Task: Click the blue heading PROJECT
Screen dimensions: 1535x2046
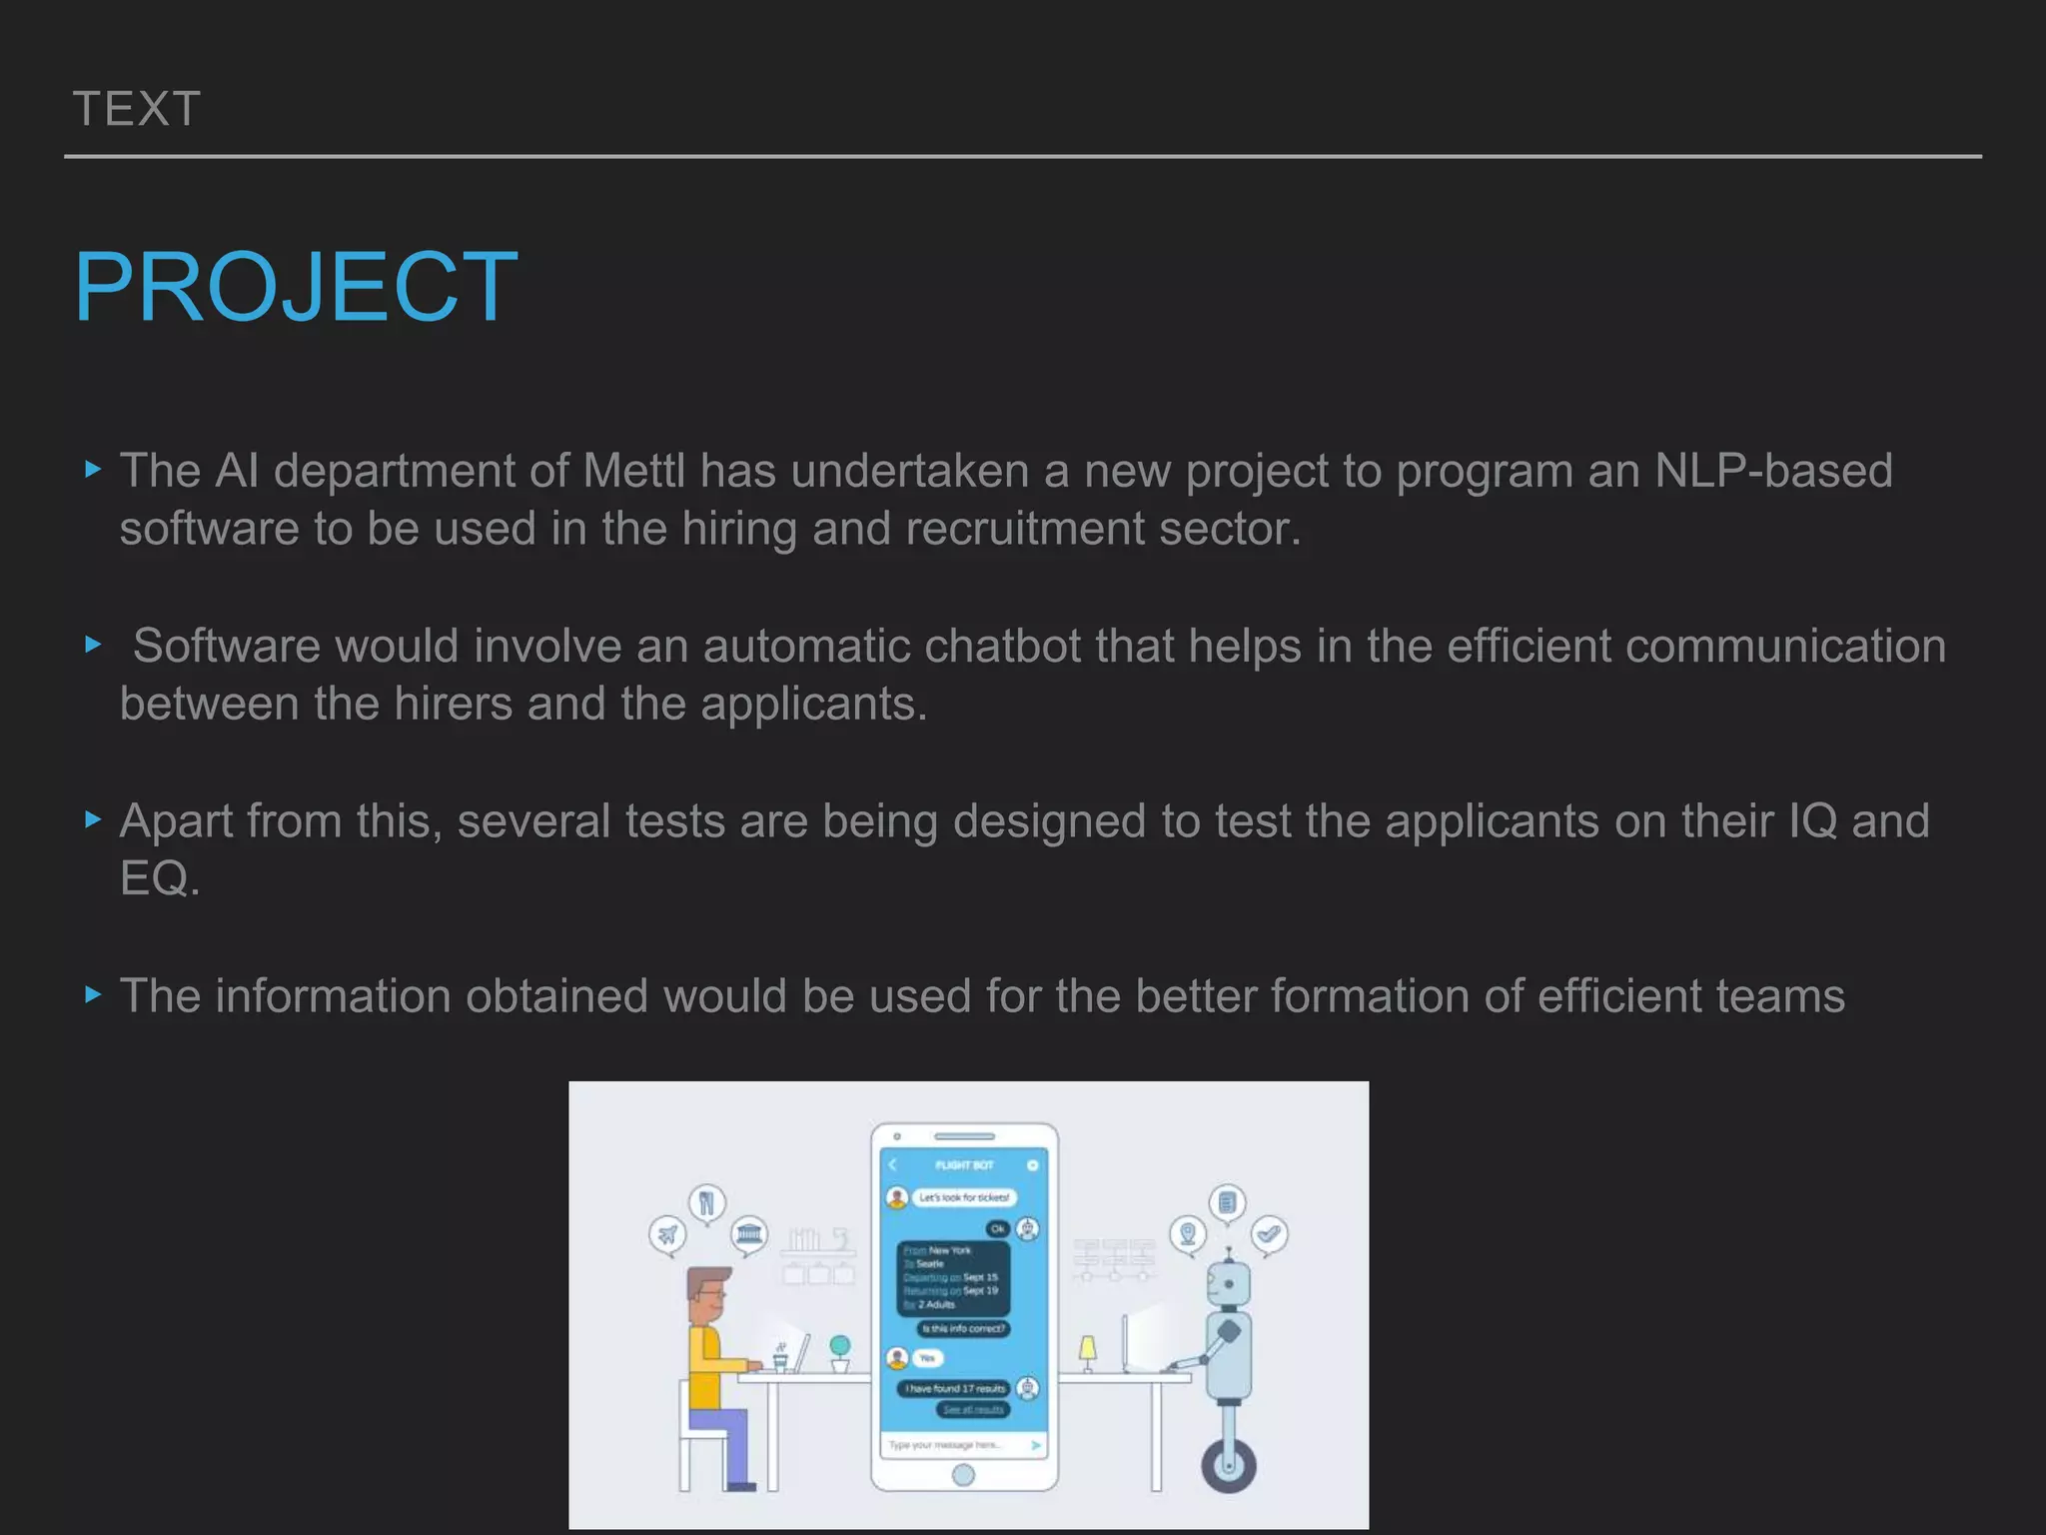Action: coord(296,287)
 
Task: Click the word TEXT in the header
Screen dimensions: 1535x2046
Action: coord(137,109)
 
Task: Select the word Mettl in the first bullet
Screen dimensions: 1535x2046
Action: coord(633,471)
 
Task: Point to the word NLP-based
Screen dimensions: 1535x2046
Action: coord(1773,471)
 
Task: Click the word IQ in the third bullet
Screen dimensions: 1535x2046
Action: coord(1812,820)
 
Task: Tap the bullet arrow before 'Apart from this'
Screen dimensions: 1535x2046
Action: coord(94,819)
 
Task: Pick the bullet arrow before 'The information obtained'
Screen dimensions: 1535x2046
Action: coord(94,994)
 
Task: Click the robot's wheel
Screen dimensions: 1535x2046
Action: coord(1228,1465)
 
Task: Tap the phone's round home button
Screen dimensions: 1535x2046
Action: coord(963,1474)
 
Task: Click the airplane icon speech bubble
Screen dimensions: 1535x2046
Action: coord(667,1235)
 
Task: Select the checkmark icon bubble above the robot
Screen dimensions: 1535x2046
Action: coord(1269,1234)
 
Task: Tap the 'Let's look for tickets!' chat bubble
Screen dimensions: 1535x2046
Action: coord(963,1197)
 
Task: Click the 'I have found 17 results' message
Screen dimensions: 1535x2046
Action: coord(955,1388)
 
